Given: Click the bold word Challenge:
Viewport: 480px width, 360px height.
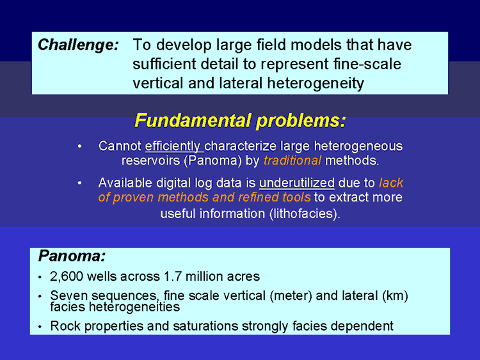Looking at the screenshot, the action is [x=78, y=45].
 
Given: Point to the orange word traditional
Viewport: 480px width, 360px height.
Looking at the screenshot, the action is [x=292, y=160].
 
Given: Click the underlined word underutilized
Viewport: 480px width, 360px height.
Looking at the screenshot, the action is [x=296, y=183].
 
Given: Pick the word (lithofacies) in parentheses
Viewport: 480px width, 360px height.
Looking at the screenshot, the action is [x=305, y=214].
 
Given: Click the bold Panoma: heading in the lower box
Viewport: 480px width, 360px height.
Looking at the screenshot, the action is [x=72, y=256].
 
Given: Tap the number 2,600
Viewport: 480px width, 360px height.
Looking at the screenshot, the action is [x=67, y=277].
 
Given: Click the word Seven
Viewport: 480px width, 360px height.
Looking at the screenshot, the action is [x=69, y=296].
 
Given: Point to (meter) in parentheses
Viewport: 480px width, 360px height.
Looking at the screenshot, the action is [x=291, y=296].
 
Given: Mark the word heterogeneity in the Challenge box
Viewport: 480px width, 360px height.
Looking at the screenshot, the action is [x=316, y=84].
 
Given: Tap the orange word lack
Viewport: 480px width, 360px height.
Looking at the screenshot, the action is [x=391, y=183].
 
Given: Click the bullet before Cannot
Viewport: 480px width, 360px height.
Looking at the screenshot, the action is [x=79, y=146].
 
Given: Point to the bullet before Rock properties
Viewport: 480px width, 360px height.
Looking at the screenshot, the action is [x=40, y=327].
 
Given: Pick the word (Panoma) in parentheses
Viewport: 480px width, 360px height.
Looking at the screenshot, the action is [x=212, y=160].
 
